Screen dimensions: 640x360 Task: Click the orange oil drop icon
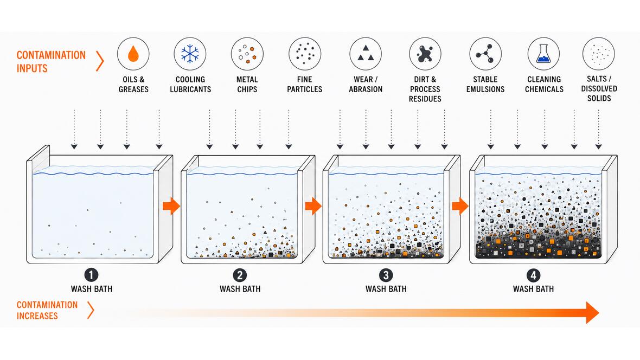[x=133, y=54]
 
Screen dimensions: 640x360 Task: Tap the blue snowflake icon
[x=190, y=54]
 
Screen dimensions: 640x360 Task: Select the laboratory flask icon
[x=543, y=54]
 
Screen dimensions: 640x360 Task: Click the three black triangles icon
[x=366, y=54]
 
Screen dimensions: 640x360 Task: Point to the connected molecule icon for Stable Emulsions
[x=485, y=54]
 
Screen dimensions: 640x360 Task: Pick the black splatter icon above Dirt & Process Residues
[x=425, y=54]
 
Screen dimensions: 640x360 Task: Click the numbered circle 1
[x=91, y=275]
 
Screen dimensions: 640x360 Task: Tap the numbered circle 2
[x=240, y=275]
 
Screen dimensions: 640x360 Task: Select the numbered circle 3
[x=386, y=275]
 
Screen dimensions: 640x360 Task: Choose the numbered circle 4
[x=533, y=275]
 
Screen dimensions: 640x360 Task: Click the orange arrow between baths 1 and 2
[x=171, y=205]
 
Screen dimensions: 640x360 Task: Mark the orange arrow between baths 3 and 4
[x=460, y=205]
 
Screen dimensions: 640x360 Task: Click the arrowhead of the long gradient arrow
[x=592, y=313]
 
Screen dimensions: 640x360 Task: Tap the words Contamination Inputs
[x=51, y=62]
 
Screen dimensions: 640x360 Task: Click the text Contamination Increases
[x=47, y=310]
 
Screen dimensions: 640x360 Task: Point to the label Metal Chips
[x=247, y=84]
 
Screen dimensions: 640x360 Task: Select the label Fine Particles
[x=304, y=84]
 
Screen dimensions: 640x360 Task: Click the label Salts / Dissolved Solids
[x=599, y=88]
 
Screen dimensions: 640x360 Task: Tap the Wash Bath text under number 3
[x=386, y=289]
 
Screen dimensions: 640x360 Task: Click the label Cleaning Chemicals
[x=544, y=84]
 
